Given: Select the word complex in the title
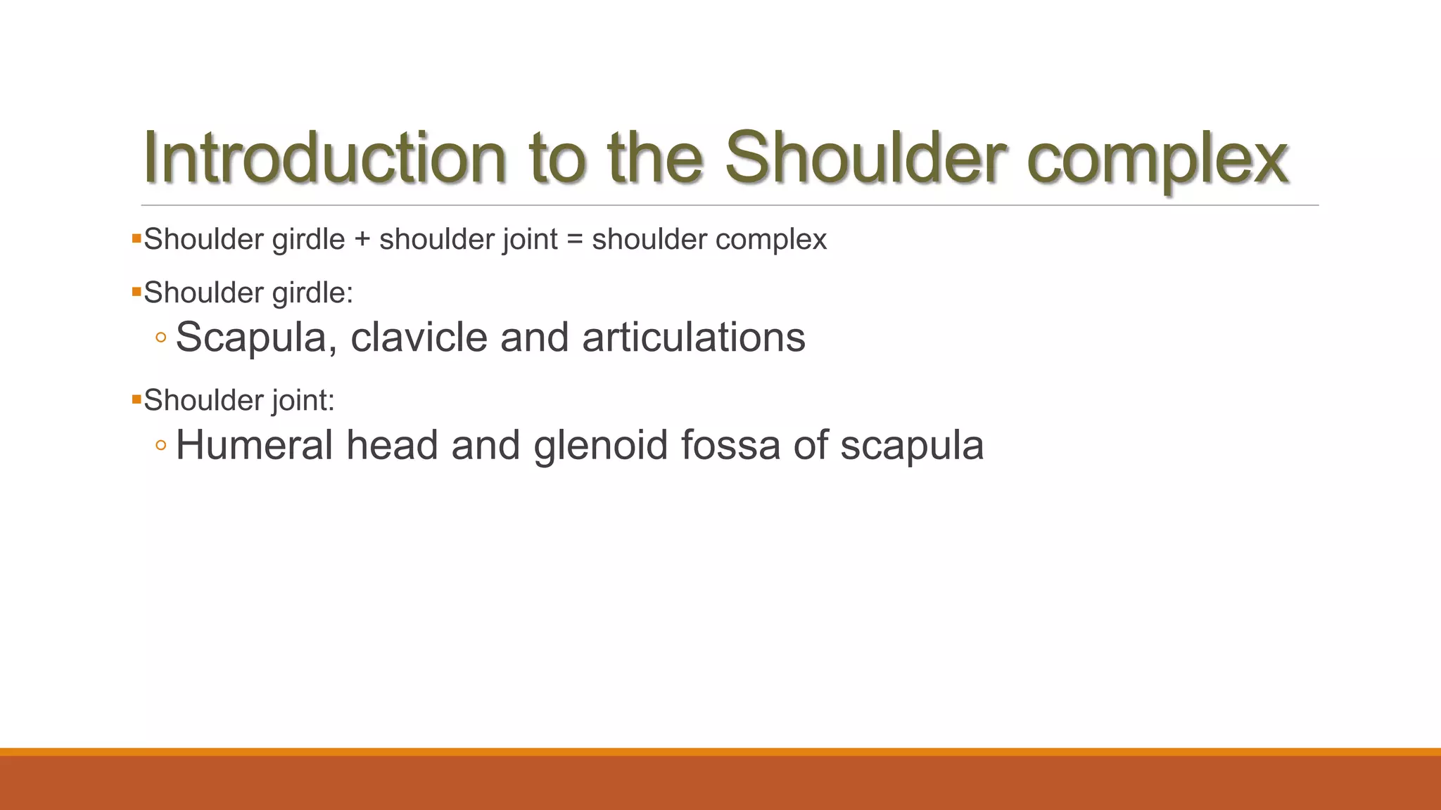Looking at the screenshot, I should (1157, 162).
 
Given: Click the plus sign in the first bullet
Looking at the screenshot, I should (362, 240).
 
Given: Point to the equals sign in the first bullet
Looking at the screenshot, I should (575, 240).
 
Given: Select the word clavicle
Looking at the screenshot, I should (419, 337).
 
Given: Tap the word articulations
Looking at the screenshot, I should (693, 337).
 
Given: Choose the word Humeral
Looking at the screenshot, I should (254, 445).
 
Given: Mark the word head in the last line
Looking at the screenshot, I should (392, 445).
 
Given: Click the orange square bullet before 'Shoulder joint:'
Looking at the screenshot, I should (137, 399).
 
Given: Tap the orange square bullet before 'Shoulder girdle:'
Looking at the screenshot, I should (137, 291).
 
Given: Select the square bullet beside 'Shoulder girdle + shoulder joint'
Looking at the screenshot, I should (137, 238).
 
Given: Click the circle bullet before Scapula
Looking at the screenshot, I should (161, 338).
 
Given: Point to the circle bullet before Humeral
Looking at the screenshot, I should (161, 446).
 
